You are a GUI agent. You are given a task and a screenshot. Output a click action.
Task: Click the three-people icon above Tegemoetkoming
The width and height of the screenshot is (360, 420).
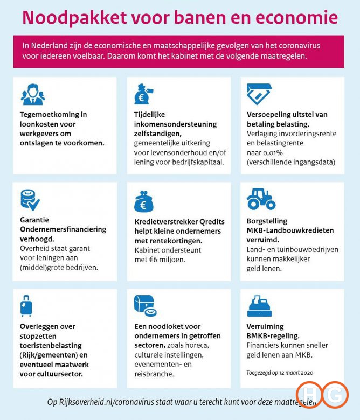point(33,95)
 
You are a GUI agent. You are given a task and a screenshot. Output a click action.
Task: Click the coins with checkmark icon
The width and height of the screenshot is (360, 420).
point(30,200)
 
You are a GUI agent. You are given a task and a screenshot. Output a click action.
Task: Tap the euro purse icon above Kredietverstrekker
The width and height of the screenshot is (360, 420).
point(144,202)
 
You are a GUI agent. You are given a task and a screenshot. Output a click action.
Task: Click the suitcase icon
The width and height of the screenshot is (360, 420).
point(26,306)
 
